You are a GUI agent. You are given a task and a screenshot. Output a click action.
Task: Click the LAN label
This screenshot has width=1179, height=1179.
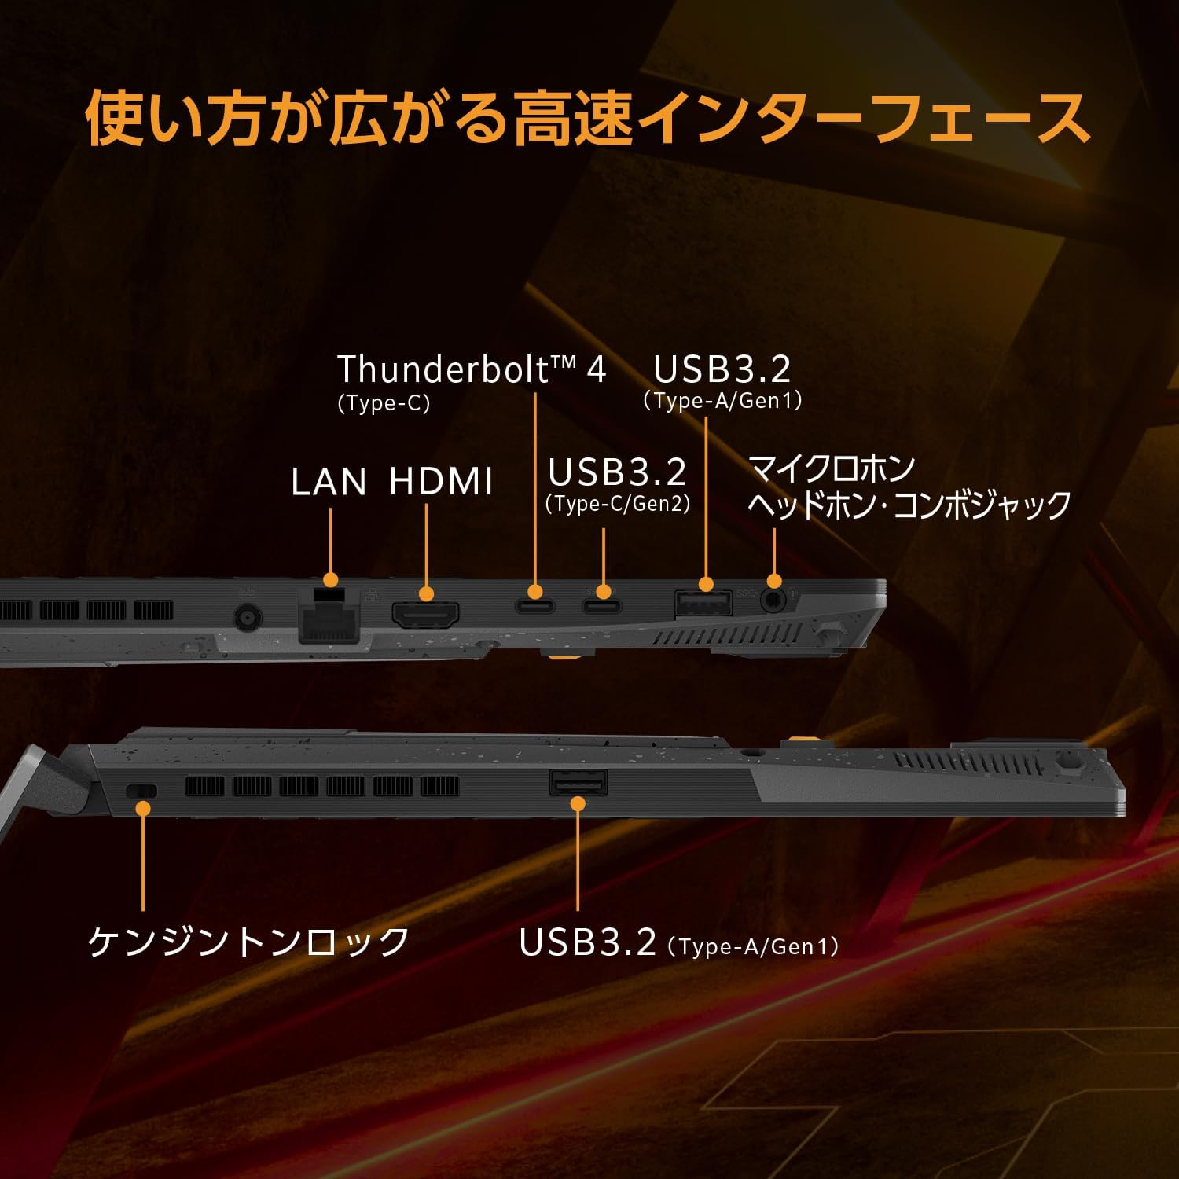[x=329, y=482]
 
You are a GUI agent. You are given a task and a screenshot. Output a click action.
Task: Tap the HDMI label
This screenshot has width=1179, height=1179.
[x=442, y=482]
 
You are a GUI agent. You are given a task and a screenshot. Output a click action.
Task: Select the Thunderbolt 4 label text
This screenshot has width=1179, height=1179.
[x=472, y=369]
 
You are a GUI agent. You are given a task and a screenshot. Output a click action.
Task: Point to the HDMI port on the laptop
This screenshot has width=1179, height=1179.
[x=426, y=614]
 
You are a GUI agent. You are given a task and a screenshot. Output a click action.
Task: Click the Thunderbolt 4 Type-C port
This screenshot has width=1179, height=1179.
[x=535, y=606]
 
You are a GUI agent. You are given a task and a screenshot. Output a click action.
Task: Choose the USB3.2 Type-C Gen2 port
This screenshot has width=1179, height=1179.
[x=602, y=606]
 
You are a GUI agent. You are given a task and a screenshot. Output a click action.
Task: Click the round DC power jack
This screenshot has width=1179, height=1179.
[x=248, y=619]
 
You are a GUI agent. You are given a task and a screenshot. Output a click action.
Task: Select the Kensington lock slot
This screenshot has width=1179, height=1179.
[x=141, y=791]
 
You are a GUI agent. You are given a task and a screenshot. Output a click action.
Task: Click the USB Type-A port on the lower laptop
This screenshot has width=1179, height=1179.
[x=578, y=783]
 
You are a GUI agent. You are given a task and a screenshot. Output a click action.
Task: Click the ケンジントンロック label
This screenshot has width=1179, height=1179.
[x=248, y=941]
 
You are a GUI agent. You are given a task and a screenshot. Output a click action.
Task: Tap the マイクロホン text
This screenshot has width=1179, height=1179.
[x=832, y=469]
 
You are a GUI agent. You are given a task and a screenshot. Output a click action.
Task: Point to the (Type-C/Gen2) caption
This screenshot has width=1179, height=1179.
[x=618, y=504]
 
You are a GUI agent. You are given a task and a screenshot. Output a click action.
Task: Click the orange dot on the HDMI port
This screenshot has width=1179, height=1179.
[x=426, y=593]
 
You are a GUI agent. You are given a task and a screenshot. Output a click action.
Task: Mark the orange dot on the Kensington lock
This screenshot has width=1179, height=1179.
[x=143, y=807]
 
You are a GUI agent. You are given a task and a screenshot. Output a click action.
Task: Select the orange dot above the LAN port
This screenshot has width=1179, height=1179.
[x=331, y=580]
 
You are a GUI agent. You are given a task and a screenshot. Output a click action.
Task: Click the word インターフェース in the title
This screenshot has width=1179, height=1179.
[x=862, y=119]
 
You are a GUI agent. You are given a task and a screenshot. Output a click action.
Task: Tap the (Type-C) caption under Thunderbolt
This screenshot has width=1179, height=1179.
[x=384, y=404]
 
